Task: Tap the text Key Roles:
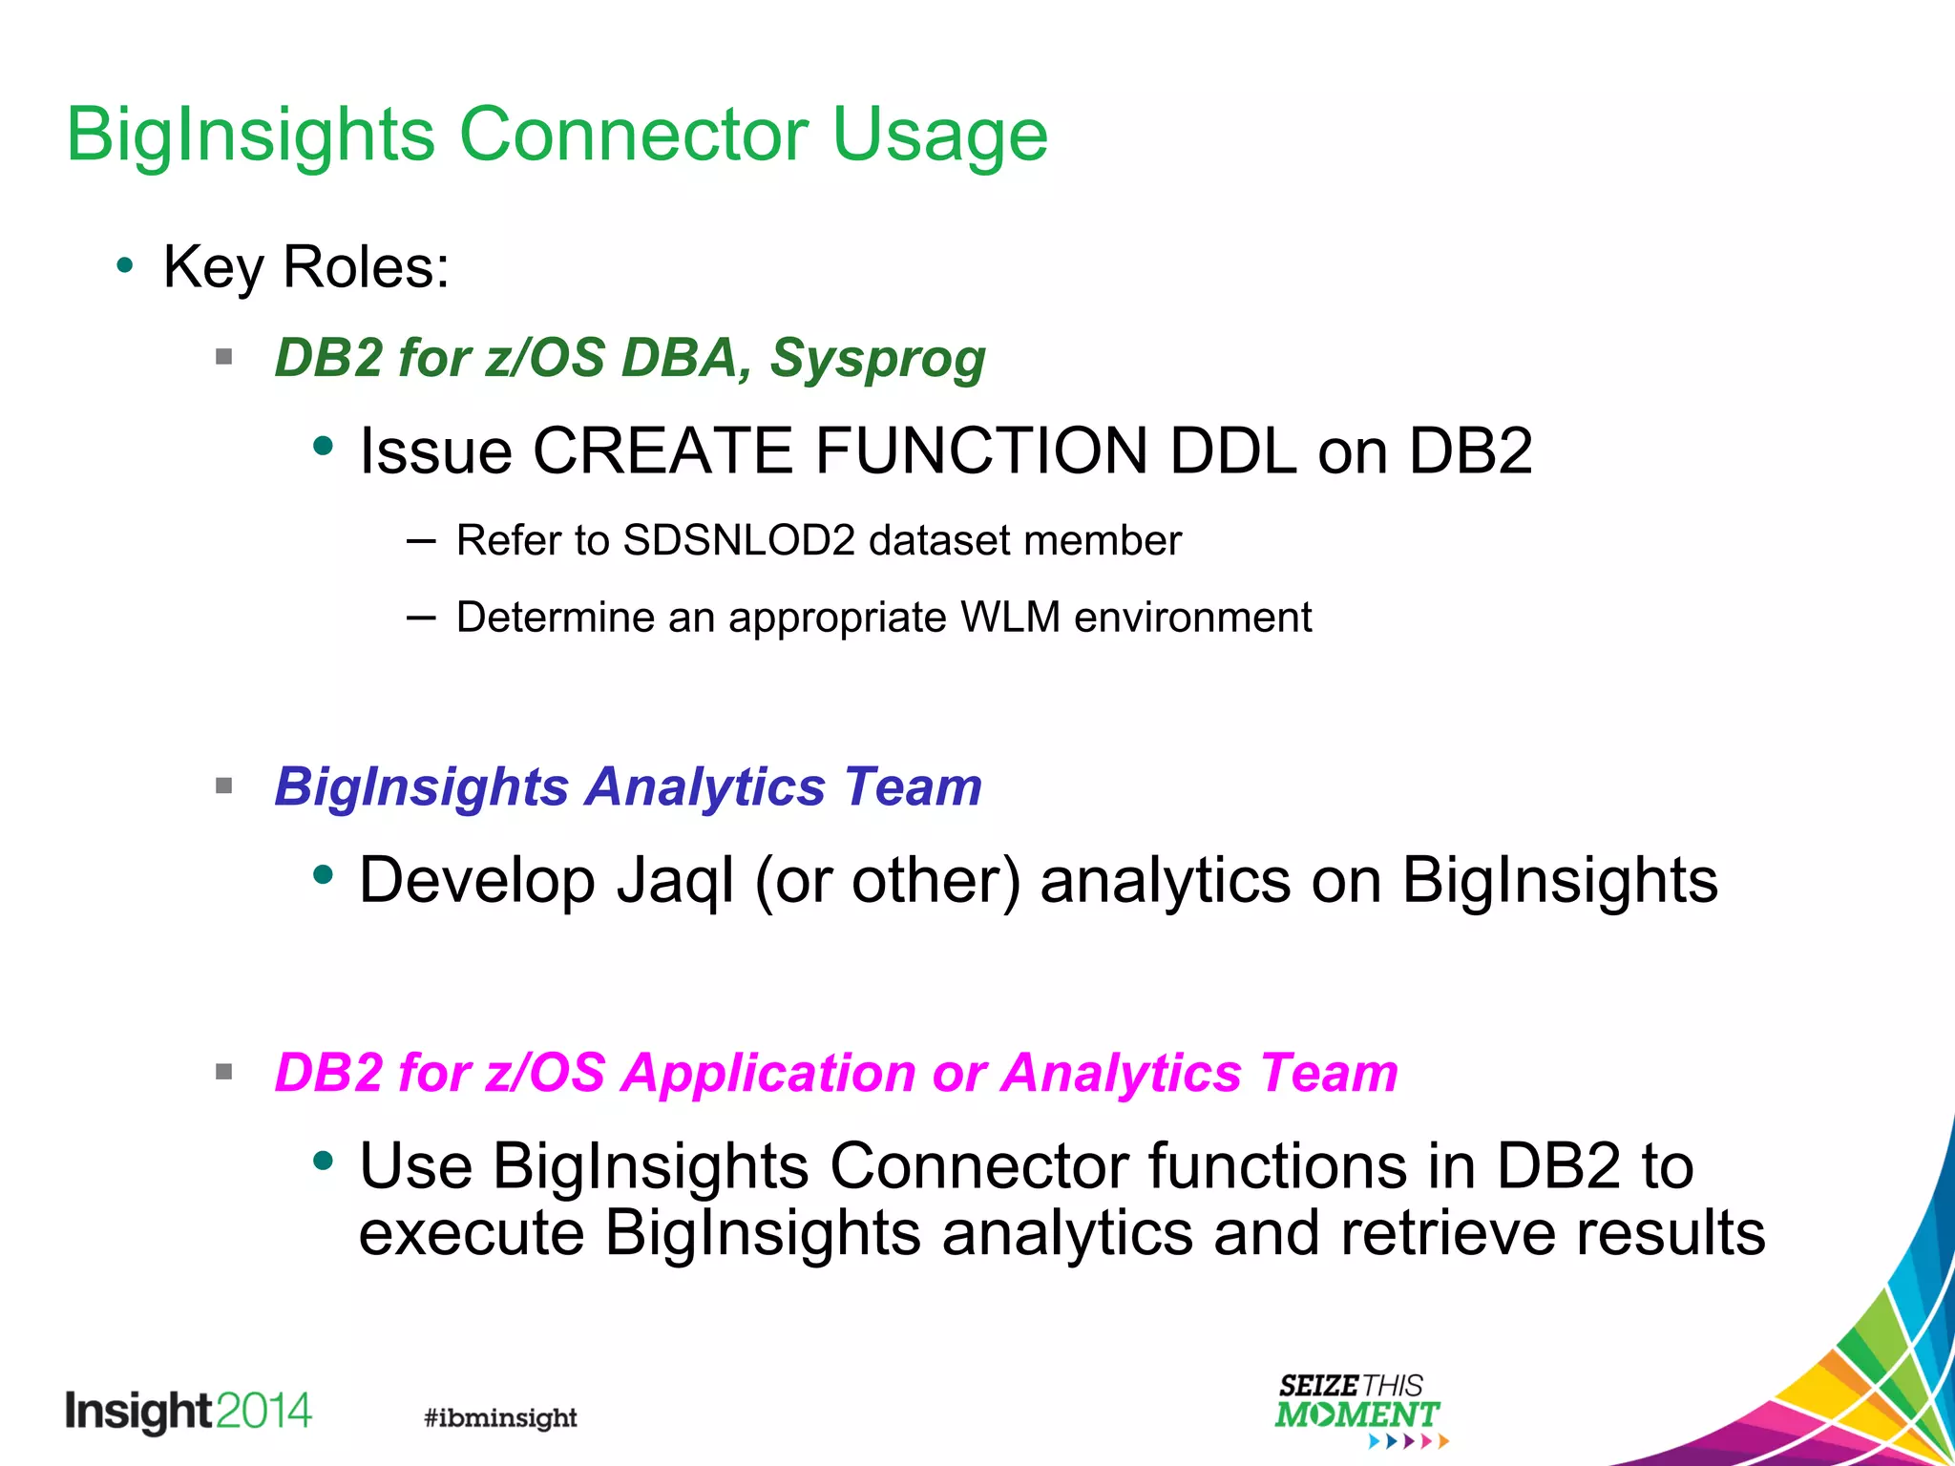coord(305,267)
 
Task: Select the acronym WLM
coord(1010,618)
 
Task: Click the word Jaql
coord(676,881)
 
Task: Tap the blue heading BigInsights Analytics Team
coord(628,787)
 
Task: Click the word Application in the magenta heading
coord(769,1073)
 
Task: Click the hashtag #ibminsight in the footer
coord(500,1417)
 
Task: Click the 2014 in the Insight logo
coord(264,1411)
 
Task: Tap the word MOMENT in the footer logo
coord(1356,1414)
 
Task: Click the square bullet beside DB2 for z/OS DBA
coord(224,358)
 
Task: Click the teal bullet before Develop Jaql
coord(324,873)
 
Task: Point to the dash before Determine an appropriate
coord(421,618)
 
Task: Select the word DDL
coord(1232,450)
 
